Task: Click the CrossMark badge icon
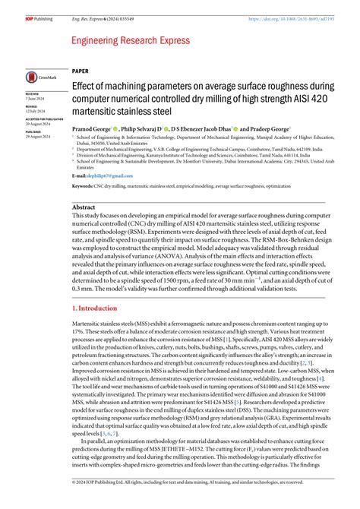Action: coord(36,77)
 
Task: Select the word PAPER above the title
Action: coord(81,70)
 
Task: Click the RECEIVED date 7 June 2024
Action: coord(36,98)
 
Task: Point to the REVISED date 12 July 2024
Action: coord(36,111)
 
